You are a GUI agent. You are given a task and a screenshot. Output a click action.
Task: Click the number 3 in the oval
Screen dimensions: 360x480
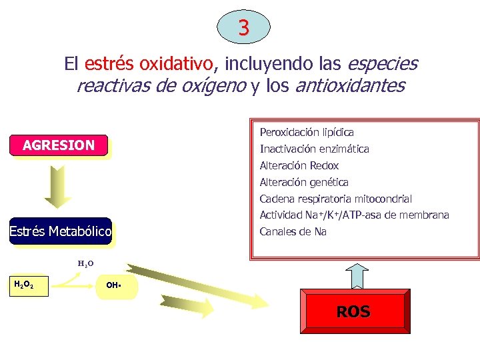tap(244, 28)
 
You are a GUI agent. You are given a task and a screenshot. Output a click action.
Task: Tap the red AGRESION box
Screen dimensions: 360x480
tap(59, 145)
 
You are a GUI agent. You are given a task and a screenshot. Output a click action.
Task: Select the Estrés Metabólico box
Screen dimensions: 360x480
tap(60, 231)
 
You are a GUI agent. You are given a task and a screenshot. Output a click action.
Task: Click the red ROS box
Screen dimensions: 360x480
tap(353, 311)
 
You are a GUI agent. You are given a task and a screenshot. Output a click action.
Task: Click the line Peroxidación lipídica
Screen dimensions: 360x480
tap(307, 133)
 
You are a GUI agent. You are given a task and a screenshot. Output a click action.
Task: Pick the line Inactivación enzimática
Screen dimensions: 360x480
tap(314, 149)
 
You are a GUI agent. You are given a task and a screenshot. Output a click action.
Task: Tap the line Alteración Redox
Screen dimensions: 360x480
tap(299, 166)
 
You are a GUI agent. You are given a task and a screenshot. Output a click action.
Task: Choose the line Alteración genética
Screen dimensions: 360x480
tap(304, 182)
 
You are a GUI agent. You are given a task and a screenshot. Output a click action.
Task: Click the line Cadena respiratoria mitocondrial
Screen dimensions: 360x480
tap(336, 199)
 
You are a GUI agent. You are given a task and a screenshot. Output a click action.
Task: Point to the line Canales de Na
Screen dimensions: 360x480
tap(293, 232)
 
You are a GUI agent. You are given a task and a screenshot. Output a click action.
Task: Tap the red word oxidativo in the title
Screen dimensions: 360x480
tap(178, 64)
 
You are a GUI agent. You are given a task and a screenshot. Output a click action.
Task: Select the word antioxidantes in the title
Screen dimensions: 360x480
tap(349, 86)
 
